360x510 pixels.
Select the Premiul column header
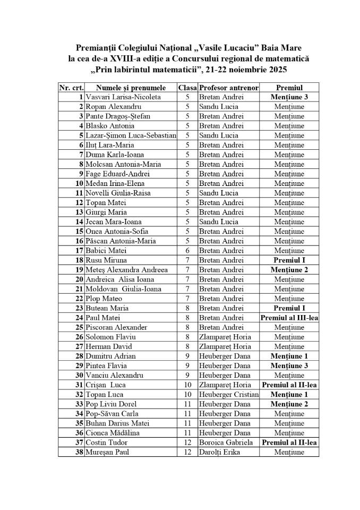click(289, 88)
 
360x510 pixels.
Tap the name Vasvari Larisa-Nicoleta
click(120, 97)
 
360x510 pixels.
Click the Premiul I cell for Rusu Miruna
click(289, 260)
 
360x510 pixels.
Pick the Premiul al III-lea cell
click(289, 318)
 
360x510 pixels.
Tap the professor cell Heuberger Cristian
click(228, 394)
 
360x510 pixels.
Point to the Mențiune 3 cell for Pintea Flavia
click(289, 365)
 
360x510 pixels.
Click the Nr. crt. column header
click(71, 88)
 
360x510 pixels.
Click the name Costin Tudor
click(107, 442)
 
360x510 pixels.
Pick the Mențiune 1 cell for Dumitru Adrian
click(289, 356)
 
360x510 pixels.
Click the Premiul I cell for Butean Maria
click(289, 308)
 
